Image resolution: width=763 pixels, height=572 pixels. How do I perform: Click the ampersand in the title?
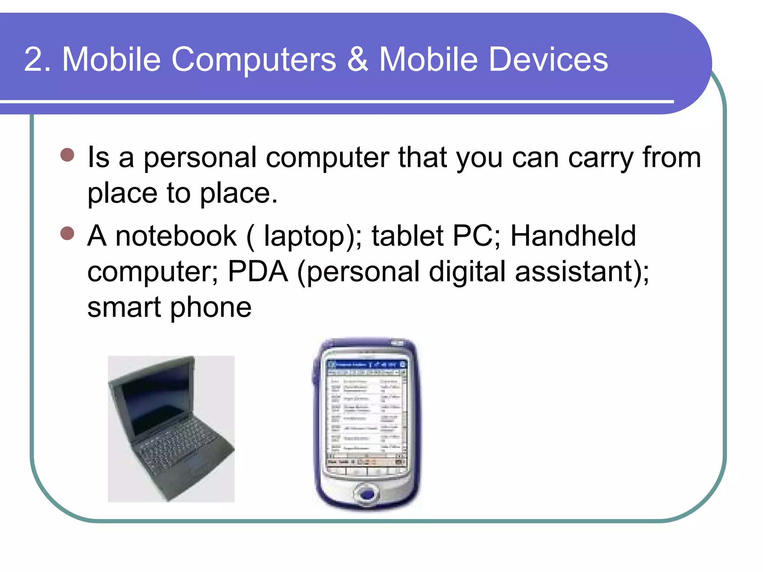(x=358, y=60)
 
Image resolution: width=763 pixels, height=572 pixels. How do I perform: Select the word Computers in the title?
(x=254, y=60)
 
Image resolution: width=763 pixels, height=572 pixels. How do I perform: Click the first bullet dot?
(x=67, y=155)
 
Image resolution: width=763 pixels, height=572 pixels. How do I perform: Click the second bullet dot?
(x=67, y=233)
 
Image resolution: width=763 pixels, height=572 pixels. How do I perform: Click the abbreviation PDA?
(x=258, y=271)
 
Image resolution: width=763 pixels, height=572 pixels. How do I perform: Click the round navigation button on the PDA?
(x=367, y=494)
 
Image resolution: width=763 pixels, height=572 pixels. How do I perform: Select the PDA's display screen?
(x=366, y=413)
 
